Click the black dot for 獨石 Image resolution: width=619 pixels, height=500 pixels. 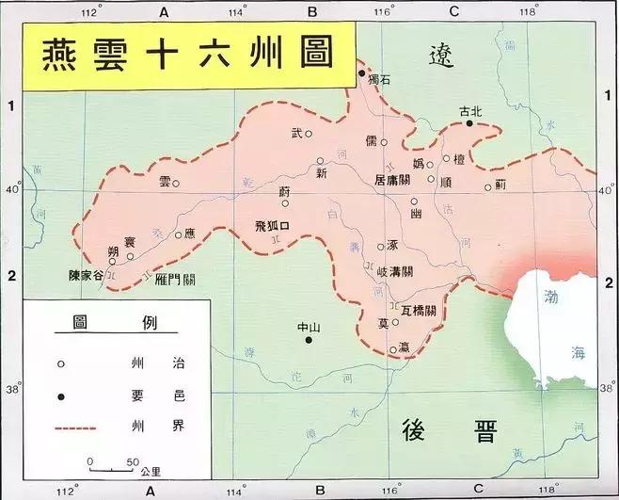click(x=360, y=73)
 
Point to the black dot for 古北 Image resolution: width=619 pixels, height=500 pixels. click(x=469, y=123)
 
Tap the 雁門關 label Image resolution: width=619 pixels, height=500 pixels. click(x=176, y=279)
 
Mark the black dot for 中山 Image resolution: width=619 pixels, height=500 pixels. click(x=309, y=340)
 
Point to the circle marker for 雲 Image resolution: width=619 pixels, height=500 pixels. click(x=175, y=184)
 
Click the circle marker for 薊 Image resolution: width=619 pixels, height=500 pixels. click(x=488, y=186)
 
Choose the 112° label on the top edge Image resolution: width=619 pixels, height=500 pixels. click(x=90, y=11)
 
